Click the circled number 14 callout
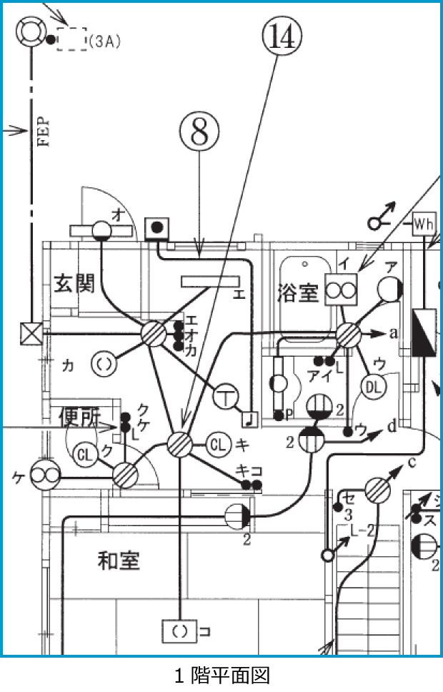pos(281,36)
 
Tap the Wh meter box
pos(424,224)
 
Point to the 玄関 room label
pos(74,284)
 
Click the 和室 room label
pos(119,561)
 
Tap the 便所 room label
pos(79,417)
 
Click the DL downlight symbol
pos(373,386)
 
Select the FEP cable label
pos(43,132)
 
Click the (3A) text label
pos(105,41)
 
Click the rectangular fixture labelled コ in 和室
pos(179,631)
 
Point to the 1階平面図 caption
pos(221,675)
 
